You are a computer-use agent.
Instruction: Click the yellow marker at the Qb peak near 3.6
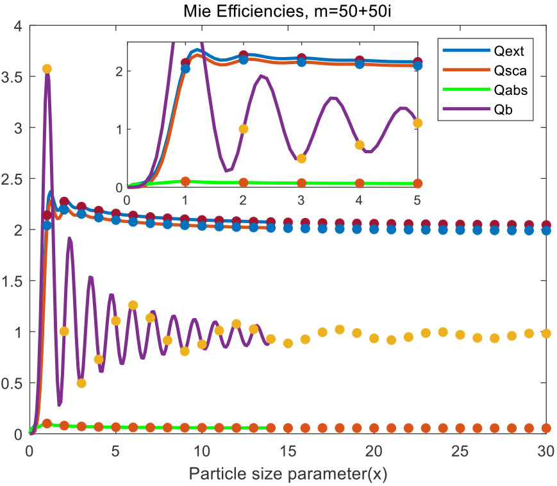[46, 69]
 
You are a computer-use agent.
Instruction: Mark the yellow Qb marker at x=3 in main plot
[81, 383]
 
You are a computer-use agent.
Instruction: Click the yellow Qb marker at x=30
[545, 333]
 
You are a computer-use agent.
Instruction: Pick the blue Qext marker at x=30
[545, 230]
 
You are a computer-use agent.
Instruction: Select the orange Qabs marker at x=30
[545, 428]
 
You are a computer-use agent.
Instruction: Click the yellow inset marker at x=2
[243, 129]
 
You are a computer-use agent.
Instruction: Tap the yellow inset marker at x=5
[417, 123]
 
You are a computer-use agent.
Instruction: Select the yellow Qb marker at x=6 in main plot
[133, 305]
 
